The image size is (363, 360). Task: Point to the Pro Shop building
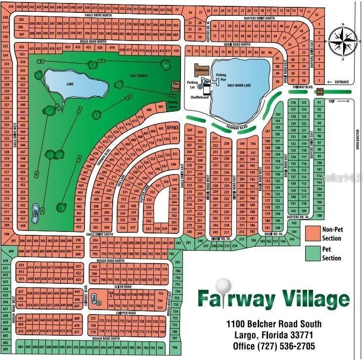tap(175, 86)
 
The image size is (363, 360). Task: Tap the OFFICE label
tap(172, 127)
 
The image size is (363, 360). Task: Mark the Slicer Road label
tap(123, 287)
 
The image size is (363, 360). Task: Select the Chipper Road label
tap(126, 314)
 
